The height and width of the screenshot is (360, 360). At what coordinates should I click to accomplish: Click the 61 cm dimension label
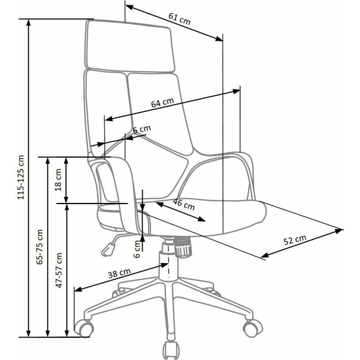coord(179,19)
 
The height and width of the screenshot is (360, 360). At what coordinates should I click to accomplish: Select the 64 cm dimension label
coord(162,102)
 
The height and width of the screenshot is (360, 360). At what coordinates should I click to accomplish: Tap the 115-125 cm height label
coord(21,177)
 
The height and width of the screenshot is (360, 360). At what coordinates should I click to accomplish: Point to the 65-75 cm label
coord(40,247)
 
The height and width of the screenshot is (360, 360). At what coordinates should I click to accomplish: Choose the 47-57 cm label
coord(59,270)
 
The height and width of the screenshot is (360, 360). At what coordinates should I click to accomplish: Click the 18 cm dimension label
coord(58,180)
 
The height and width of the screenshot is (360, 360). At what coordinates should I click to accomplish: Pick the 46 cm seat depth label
coord(184,204)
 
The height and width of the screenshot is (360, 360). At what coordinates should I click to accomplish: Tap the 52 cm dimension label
coord(295,240)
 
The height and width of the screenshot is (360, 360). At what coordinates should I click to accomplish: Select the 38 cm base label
coord(119,273)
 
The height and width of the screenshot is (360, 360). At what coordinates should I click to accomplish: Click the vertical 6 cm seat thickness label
coord(137,249)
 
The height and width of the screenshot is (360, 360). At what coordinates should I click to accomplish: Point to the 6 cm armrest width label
coord(142,129)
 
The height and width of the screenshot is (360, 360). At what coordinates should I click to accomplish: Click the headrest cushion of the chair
coord(130,46)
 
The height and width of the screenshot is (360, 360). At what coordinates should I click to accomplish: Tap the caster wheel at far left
coord(84,329)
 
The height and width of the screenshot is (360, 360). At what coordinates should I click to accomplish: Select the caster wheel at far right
coord(253,328)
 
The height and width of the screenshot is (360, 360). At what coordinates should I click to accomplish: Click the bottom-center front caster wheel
coord(171,350)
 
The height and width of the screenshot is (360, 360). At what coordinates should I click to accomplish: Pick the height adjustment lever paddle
coord(108,250)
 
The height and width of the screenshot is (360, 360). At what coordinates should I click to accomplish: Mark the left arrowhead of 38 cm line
coord(78,289)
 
